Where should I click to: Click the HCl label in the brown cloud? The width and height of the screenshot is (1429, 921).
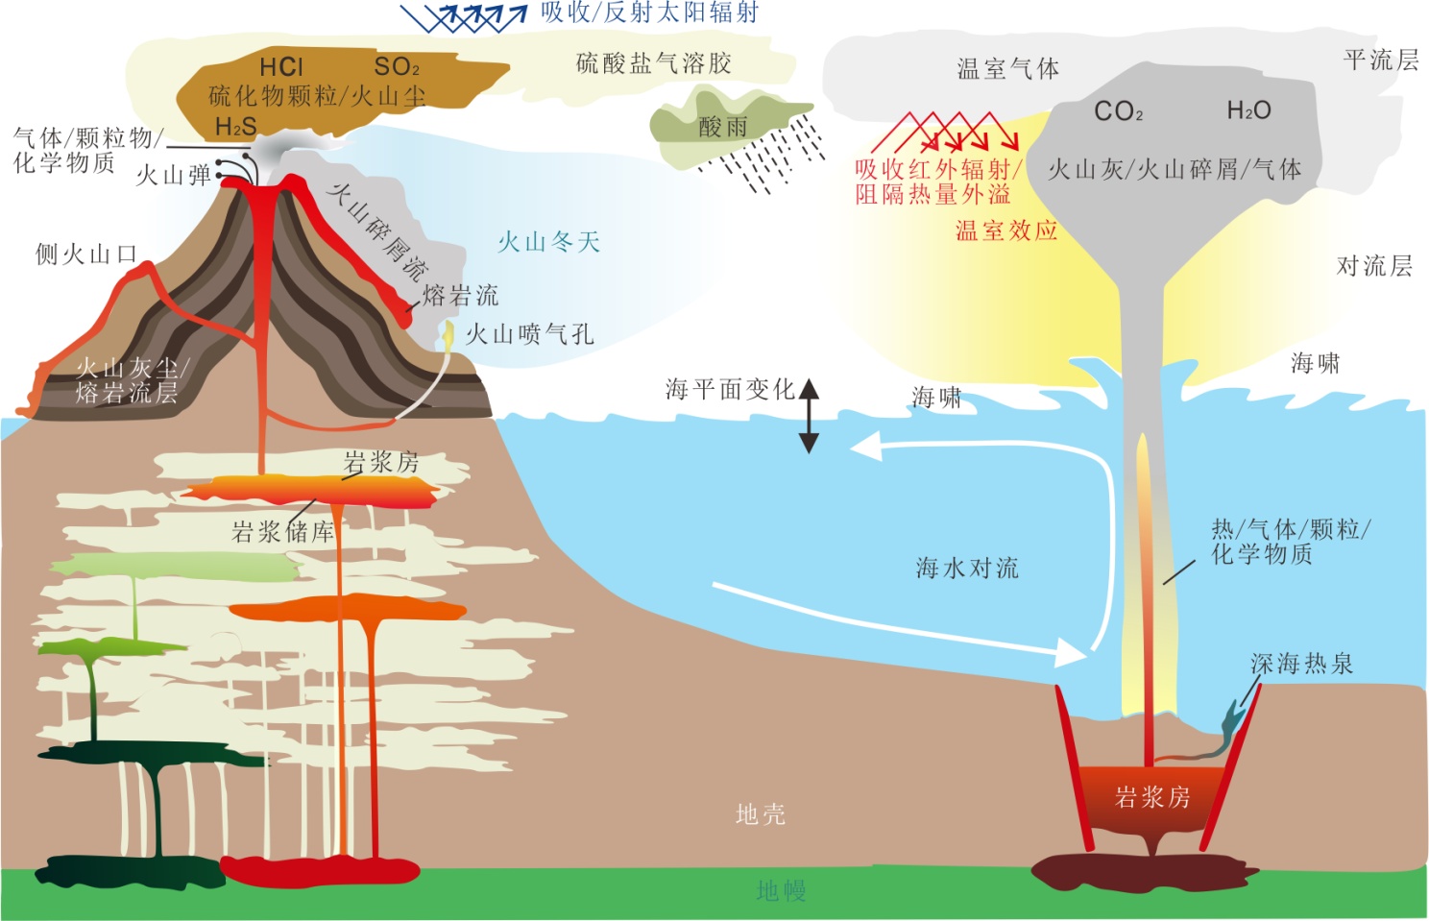tap(281, 66)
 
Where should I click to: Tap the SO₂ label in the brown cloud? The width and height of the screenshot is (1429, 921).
tap(397, 66)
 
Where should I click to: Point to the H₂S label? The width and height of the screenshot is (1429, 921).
tap(235, 126)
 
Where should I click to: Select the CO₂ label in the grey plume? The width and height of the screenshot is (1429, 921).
tap(1119, 111)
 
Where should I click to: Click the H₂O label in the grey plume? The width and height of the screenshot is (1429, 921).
tap(1248, 110)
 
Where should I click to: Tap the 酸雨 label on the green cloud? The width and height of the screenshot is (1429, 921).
tap(723, 126)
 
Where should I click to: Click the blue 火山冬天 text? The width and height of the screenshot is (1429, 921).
tap(548, 241)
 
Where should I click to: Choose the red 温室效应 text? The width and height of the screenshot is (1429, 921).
tap(1006, 230)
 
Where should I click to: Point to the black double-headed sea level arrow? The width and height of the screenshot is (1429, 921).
tap(809, 415)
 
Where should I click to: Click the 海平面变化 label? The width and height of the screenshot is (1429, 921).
tap(730, 389)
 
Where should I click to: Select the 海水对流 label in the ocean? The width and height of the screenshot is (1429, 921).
tap(967, 568)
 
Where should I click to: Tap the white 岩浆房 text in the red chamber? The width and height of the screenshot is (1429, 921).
tap(1152, 796)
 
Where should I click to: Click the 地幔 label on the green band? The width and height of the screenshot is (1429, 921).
tap(781, 890)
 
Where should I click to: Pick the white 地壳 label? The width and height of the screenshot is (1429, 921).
tap(761, 814)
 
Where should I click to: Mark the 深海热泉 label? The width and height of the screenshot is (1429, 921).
tap(1301, 664)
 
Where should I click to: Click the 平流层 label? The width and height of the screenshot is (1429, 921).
tap(1380, 60)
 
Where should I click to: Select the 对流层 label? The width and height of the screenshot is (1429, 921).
tap(1374, 266)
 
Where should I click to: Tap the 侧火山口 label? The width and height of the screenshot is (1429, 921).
tap(86, 254)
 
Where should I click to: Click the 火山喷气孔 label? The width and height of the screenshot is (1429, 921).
tap(530, 334)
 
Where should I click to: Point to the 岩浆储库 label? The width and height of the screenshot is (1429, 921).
tap(282, 531)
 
